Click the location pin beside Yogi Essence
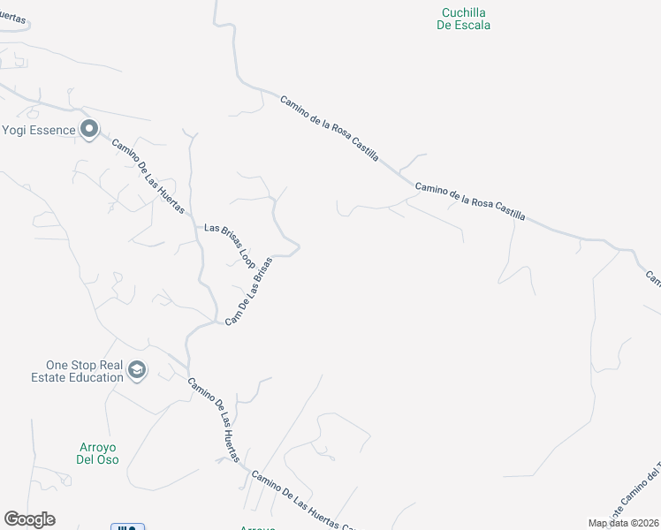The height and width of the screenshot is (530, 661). pos(88,131)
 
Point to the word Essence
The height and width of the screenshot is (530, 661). pos(52,131)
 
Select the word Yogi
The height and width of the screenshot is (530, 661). pos(14,131)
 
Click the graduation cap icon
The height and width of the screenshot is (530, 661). pos(136,370)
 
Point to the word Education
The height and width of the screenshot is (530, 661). pos(91,377)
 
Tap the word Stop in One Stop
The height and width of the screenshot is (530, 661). pos(86,365)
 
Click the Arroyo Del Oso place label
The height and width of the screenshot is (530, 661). pos(97,453)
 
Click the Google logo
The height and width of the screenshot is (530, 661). pos(29,519)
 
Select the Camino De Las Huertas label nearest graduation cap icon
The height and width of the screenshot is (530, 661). pos(213,420)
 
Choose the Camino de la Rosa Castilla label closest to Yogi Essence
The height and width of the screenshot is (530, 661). pos(330,128)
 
